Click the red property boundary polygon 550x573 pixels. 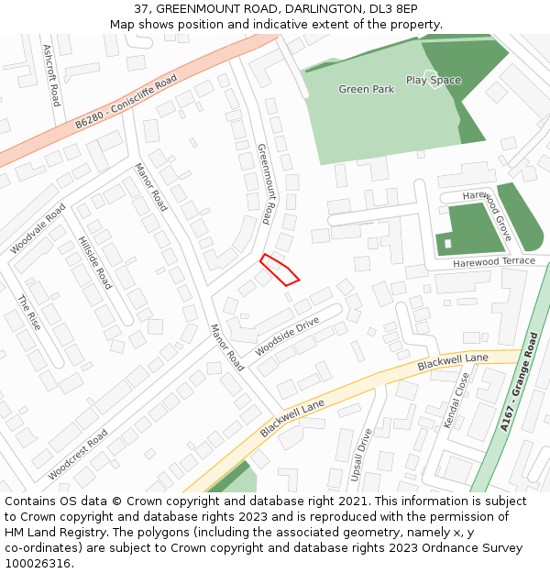(x=280, y=270)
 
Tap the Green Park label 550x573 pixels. (x=366, y=89)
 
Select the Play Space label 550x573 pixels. (x=434, y=80)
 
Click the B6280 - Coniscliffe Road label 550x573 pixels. (x=126, y=102)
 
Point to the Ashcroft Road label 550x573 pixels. (x=51, y=76)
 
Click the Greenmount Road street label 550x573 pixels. (x=265, y=183)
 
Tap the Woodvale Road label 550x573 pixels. (x=38, y=229)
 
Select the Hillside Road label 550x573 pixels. (x=94, y=262)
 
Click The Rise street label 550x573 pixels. (x=29, y=313)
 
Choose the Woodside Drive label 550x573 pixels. (x=287, y=336)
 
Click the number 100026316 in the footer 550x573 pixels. (x=38, y=563)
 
